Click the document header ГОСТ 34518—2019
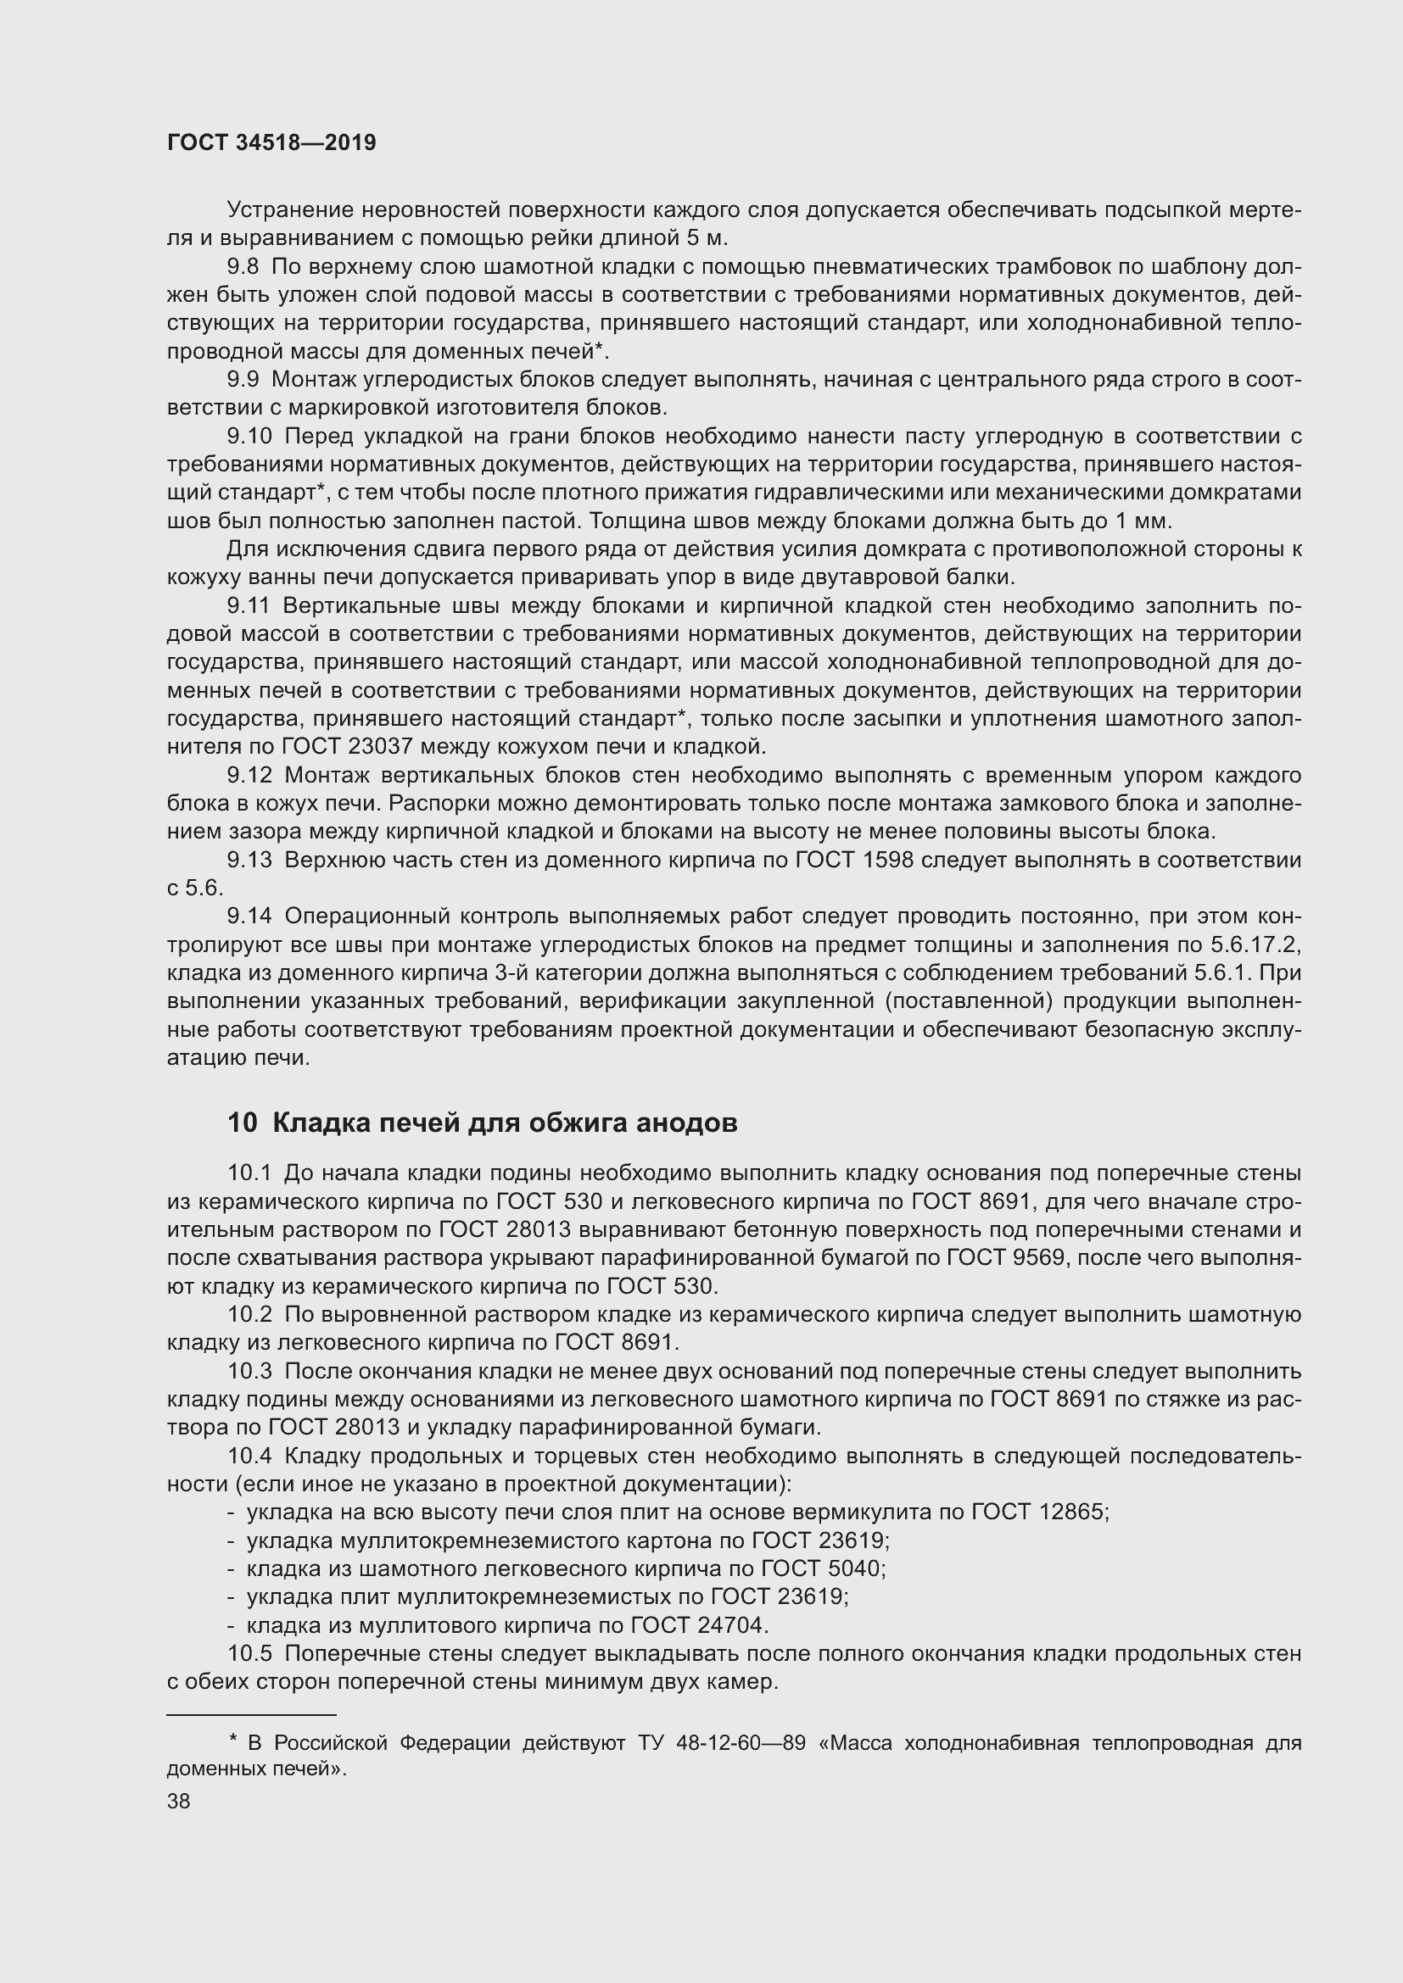[271, 143]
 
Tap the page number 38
[179, 1801]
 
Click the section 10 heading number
[243, 1122]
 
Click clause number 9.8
[243, 267]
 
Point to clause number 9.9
[243, 379]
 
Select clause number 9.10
[249, 436]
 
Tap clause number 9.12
[249, 775]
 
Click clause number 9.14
[249, 916]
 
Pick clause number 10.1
[249, 1173]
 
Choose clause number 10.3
[249, 1372]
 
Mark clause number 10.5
[249, 1654]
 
